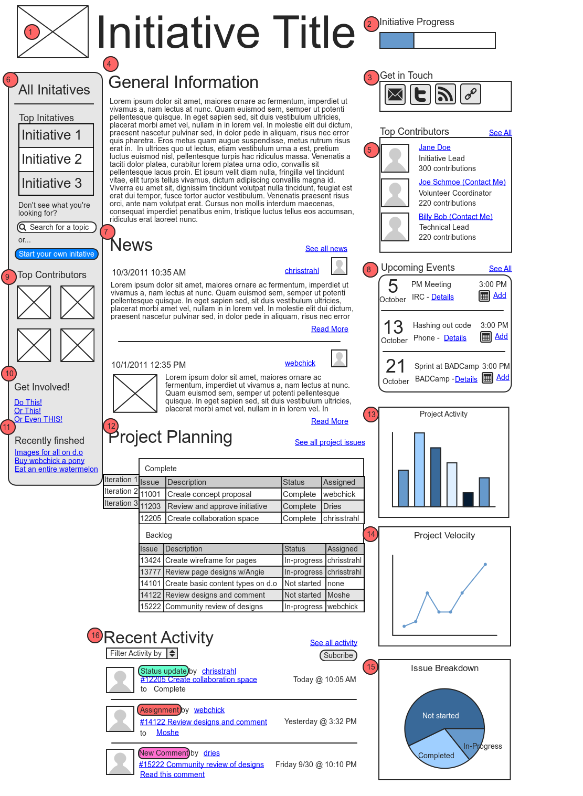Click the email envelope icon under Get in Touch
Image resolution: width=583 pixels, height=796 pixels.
pyautogui.click(x=395, y=94)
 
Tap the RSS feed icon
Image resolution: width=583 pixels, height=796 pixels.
pyautogui.click(x=446, y=94)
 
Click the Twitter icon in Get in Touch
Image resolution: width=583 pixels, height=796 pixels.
pyautogui.click(x=420, y=94)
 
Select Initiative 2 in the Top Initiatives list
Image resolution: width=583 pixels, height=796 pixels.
pyautogui.click(x=56, y=159)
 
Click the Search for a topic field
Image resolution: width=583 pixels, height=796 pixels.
pyautogui.click(x=57, y=227)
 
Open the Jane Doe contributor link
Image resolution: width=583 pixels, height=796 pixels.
pyautogui.click(x=434, y=147)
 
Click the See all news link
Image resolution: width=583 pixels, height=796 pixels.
pyautogui.click(x=326, y=249)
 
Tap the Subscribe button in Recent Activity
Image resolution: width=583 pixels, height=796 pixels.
pyautogui.click(x=338, y=655)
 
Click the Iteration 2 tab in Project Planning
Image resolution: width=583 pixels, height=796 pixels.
pyautogui.click(x=121, y=491)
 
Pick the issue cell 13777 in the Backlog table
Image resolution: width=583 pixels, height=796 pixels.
pyautogui.click(x=151, y=572)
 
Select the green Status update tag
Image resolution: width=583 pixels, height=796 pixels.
pyautogui.click(x=163, y=671)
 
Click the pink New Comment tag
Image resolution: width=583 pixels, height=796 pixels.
pyautogui.click(x=163, y=753)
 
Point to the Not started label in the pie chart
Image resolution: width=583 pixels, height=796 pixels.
pyautogui.click(x=440, y=716)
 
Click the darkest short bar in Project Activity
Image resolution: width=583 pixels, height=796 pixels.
pyautogui.click(x=468, y=499)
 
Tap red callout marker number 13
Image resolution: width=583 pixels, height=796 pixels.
pyautogui.click(x=372, y=415)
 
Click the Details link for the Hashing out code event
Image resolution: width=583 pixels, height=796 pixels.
pyautogui.click(x=455, y=338)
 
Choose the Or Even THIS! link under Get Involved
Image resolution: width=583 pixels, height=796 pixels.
pyautogui.click(x=38, y=419)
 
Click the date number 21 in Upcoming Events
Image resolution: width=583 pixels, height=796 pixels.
pyautogui.click(x=395, y=366)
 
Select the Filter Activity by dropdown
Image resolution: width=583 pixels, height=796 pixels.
pyautogui.click(x=142, y=653)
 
